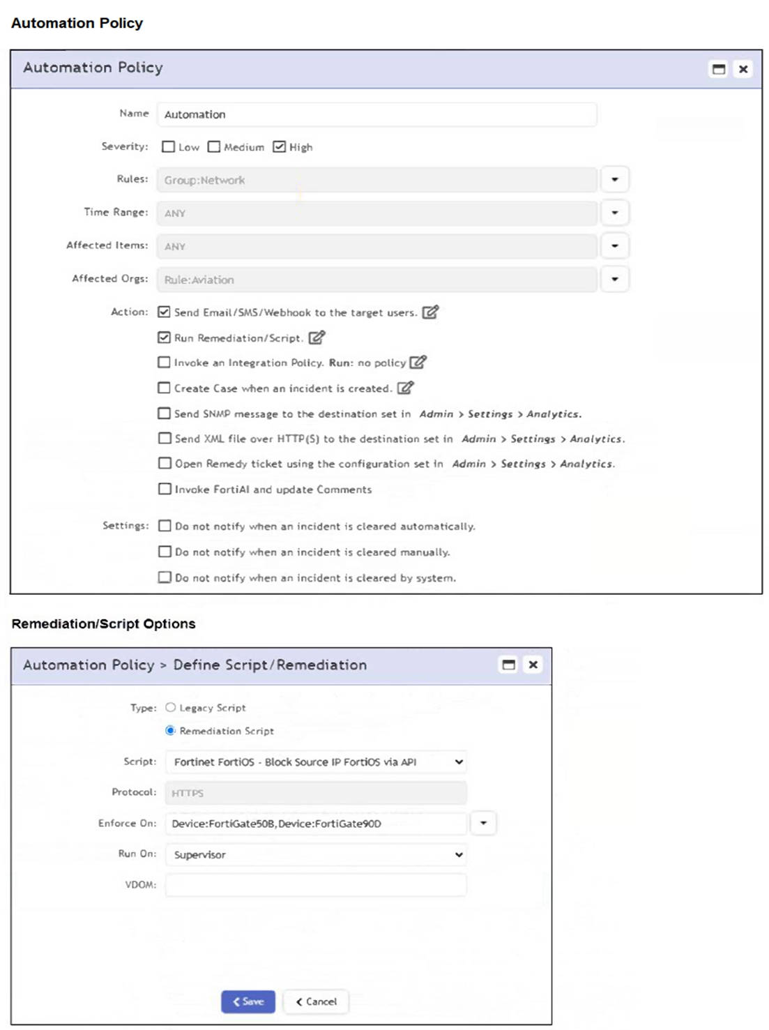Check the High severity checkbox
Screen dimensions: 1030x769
coord(279,146)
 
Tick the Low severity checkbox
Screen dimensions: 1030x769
coord(168,146)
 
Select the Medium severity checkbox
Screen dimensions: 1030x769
coord(214,146)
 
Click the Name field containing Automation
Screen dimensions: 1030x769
coord(376,114)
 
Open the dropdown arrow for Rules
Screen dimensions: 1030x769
coord(614,180)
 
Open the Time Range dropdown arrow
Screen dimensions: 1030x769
coord(614,213)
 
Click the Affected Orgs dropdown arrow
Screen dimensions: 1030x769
coord(614,279)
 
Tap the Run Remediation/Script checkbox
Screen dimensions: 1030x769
coord(164,338)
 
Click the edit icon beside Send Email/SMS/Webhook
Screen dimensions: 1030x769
coord(430,312)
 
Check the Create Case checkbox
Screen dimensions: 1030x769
coord(164,388)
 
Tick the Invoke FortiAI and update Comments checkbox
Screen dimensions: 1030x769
coord(165,489)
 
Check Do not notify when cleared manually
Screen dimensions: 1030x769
coord(165,552)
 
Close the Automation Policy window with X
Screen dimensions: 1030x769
coord(743,69)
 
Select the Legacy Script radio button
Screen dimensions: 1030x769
coord(170,707)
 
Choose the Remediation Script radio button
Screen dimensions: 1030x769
coord(170,731)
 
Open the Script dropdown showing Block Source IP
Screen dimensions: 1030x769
coord(315,762)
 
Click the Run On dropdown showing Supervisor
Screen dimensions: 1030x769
coord(315,854)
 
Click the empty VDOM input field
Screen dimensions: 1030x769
coord(315,885)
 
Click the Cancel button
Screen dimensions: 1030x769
coord(317,1001)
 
